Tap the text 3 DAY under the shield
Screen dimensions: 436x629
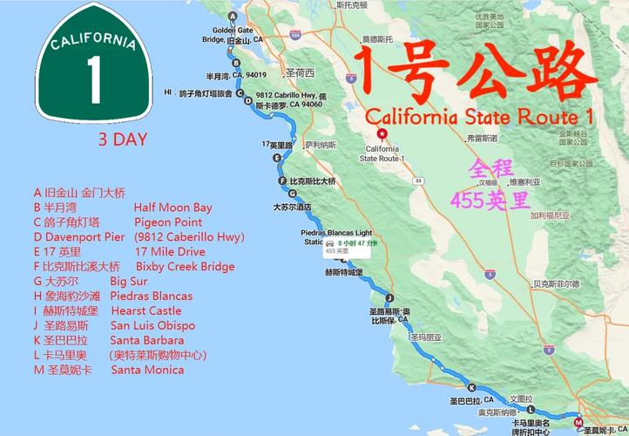pyautogui.click(x=122, y=139)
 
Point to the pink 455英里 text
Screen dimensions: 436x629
pyautogui.click(x=490, y=200)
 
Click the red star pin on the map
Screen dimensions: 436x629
pyautogui.click(x=382, y=134)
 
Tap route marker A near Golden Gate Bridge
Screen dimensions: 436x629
pyautogui.click(x=232, y=17)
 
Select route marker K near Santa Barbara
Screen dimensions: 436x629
pyautogui.click(x=471, y=388)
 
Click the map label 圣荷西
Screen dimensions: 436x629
pyautogui.click(x=299, y=72)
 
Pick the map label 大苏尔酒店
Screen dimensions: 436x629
pyautogui.click(x=293, y=208)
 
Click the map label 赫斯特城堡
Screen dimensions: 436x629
pyautogui.click(x=343, y=273)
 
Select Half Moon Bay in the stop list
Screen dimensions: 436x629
pyautogui.click(x=172, y=208)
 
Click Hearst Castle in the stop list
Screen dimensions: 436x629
pyautogui.click(x=145, y=310)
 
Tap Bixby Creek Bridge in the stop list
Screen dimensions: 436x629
pyautogui.click(x=185, y=266)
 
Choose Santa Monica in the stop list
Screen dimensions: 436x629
pyautogui.click(x=147, y=370)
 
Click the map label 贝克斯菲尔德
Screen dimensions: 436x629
pyautogui.click(x=556, y=283)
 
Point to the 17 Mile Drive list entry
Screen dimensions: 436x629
pyautogui.click(x=170, y=251)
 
